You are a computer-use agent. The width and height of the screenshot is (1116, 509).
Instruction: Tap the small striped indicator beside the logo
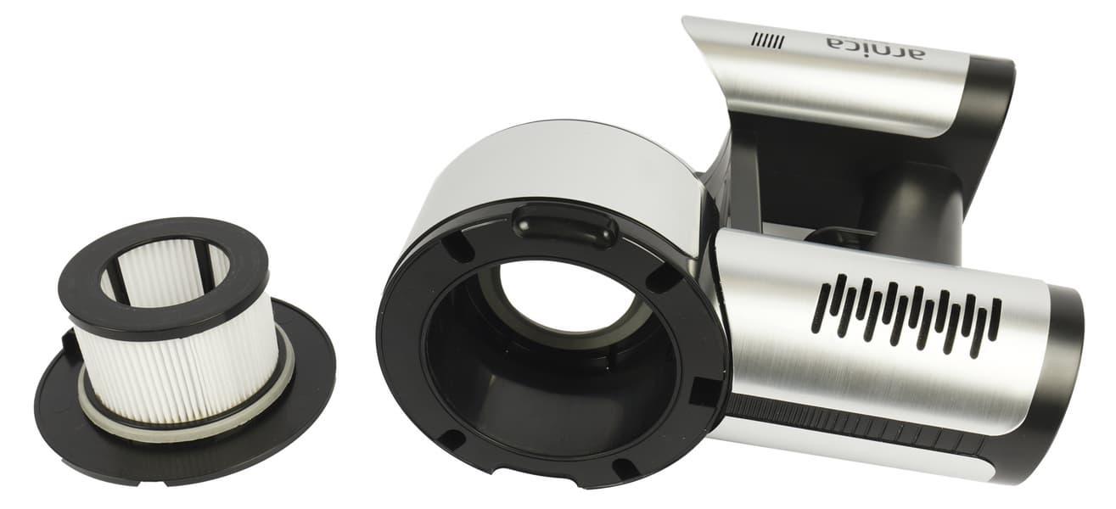point(769,41)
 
